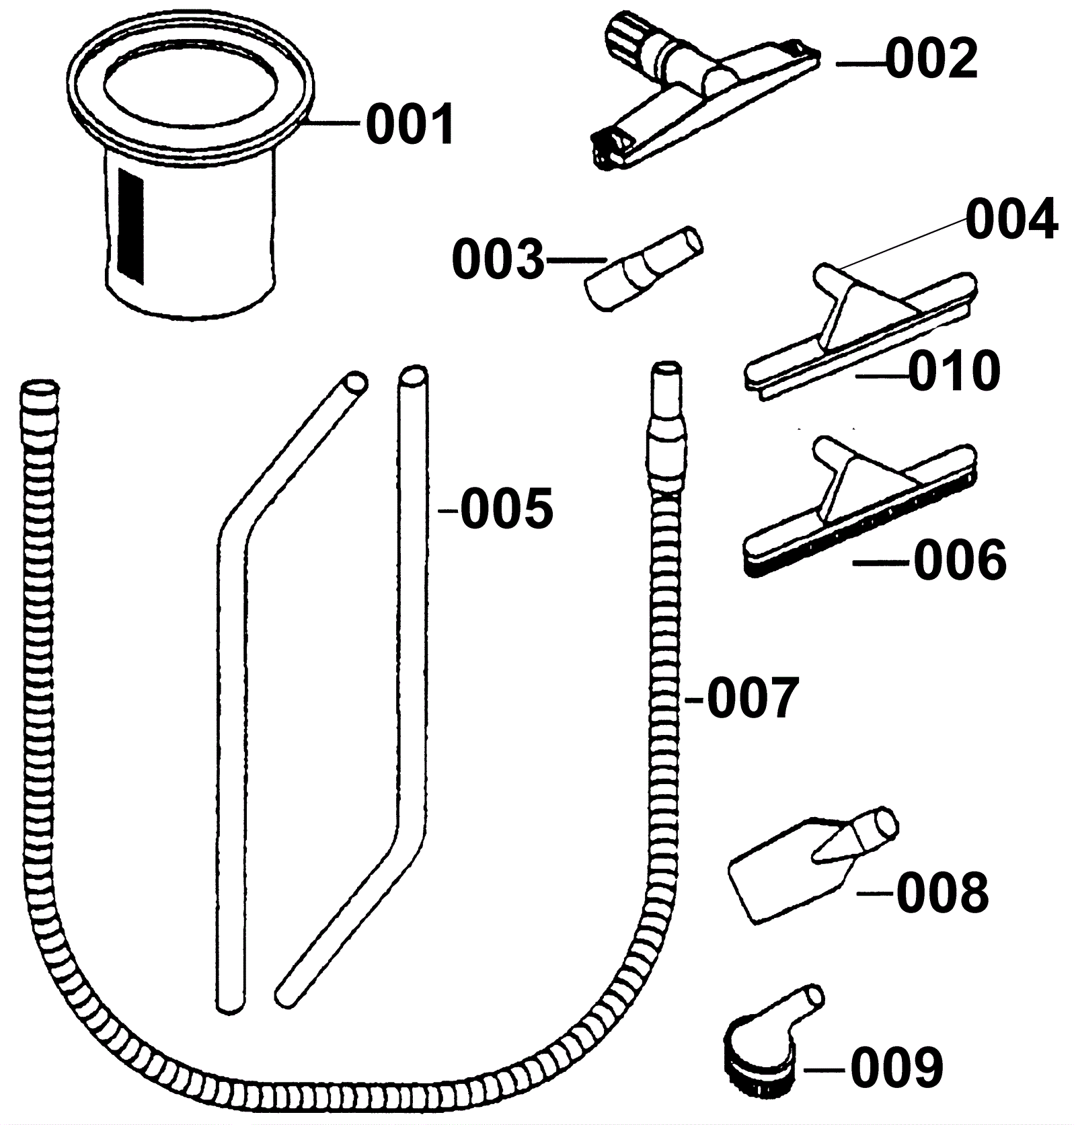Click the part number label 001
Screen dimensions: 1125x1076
click(x=410, y=126)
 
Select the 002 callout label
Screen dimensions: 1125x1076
click(x=931, y=59)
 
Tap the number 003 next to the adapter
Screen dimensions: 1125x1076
click(x=498, y=260)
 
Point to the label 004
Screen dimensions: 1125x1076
click(x=1011, y=220)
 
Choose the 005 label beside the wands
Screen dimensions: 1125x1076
click(x=506, y=508)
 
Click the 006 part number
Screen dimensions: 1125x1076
click(x=960, y=560)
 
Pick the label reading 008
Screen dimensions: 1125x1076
click(x=942, y=892)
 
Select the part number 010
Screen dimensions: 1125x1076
click(x=954, y=371)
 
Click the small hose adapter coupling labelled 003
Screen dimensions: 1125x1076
click(x=642, y=268)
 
